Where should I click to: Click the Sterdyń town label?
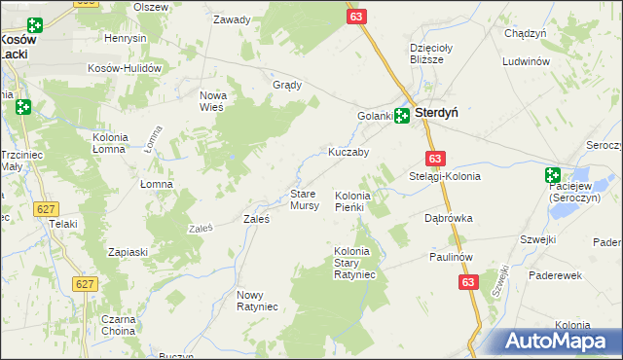(x=437, y=113)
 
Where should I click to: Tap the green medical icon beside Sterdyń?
(x=401, y=116)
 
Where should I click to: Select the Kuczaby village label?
(x=348, y=153)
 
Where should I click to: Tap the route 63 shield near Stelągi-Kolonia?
(x=435, y=159)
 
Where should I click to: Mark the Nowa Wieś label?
(x=212, y=100)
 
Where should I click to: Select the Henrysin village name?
(x=126, y=38)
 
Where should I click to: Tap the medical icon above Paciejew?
(x=553, y=176)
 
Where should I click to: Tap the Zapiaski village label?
(x=128, y=252)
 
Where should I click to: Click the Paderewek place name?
(x=555, y=275)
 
